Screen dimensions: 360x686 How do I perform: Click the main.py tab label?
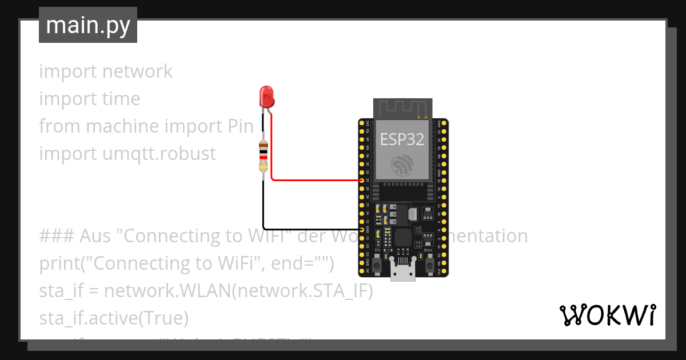point(87,25)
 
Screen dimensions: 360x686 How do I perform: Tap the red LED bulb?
point(266,97)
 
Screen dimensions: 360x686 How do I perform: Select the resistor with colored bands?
point(263,155)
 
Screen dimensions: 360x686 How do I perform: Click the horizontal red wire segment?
point(314,180)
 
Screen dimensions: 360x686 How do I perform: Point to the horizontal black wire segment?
point(312,229)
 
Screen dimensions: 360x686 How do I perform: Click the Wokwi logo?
point(607,315)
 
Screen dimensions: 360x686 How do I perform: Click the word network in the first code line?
point(137,71)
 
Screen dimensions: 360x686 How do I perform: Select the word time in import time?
point(121,99)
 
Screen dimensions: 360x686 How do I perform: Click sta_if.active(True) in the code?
point(114,318)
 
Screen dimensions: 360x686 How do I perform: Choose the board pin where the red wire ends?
point(361,180)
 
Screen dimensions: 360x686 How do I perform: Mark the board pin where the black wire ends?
point(361,229)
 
